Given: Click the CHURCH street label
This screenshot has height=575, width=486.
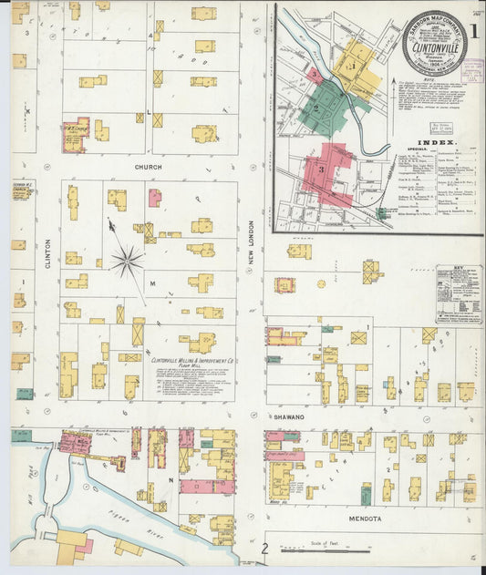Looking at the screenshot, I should pyautogui.click(x=148, y=168).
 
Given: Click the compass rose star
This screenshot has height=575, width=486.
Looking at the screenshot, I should pyautogui.click(x=127, y=262).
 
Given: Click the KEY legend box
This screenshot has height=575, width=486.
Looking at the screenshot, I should pyautogui.click(x=459, y=293).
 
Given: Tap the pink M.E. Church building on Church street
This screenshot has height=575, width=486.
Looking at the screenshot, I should pyautogui.click(x=74, y=133).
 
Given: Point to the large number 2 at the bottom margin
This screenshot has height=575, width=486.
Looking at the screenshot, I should pyautogui.click(x=264, y=549).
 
